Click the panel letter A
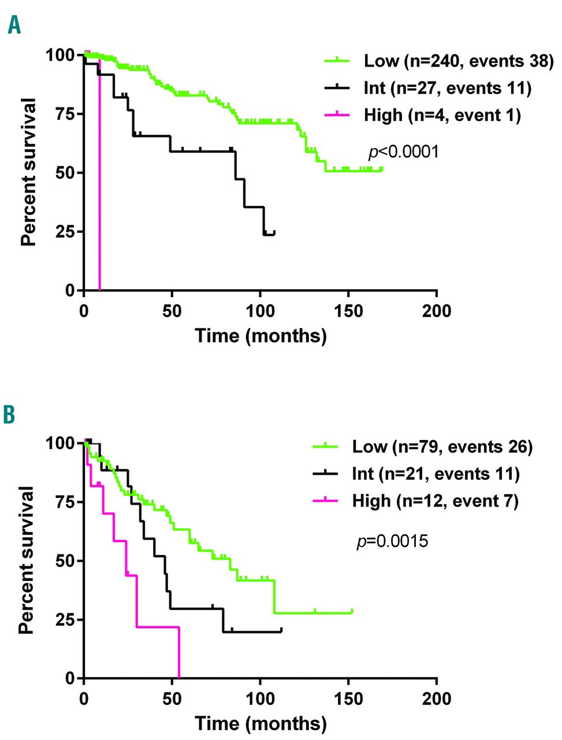tap(14, 24)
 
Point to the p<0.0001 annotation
tap(404, 152)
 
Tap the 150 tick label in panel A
tap(348, 310)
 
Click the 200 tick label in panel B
tap(436, 698)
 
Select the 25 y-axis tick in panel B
tap(65, 620)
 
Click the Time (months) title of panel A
tap(260, 335)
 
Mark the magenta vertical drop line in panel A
tap(99, 173)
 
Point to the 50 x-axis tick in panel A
tap(172, 310)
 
